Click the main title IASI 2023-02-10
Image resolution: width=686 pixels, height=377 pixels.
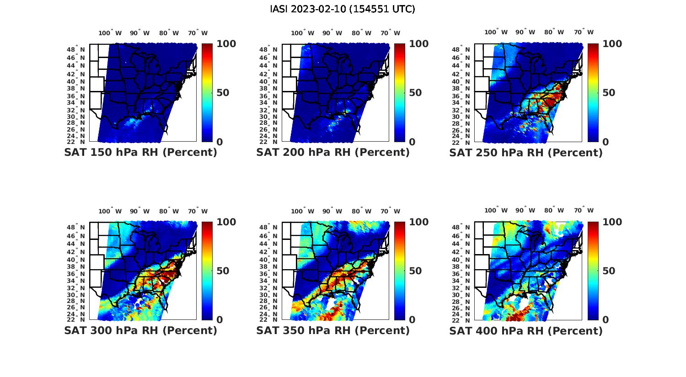click(x=343, y=9)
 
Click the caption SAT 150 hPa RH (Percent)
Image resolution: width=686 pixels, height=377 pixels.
click(x=141, y=153)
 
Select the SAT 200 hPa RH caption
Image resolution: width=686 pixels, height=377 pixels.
click(x=333, y=153)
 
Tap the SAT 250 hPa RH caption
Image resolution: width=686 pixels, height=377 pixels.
click(x=526, y=153)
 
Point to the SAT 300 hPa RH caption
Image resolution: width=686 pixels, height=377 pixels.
click(x=141, y=330)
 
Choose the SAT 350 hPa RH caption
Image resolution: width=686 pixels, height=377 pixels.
click(x=333, y=330)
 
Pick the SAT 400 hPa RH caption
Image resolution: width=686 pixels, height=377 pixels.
click(x=526, y=330)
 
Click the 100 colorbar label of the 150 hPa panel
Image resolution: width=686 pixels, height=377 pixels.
click(x=226, y=44)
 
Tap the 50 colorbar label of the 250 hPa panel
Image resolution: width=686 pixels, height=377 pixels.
click(x=608, y=93)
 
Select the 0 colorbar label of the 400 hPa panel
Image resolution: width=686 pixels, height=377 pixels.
click(x=606, y=320)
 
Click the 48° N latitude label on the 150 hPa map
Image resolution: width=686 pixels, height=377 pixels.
click(x=76, y=49)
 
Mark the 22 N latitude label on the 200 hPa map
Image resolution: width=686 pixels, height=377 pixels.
click(x=268, y=142)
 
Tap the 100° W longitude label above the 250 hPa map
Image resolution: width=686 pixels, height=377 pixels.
click(x=496, y=32)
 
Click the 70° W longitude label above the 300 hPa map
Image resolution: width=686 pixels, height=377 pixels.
click(x=198, y=211)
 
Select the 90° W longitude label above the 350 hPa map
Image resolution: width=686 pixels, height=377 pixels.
click(x=332, y=211)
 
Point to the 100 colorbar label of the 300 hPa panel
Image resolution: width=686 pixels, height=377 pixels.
click(x=226, y=222)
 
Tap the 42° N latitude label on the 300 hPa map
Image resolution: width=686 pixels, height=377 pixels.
click(x=76, y=252)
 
